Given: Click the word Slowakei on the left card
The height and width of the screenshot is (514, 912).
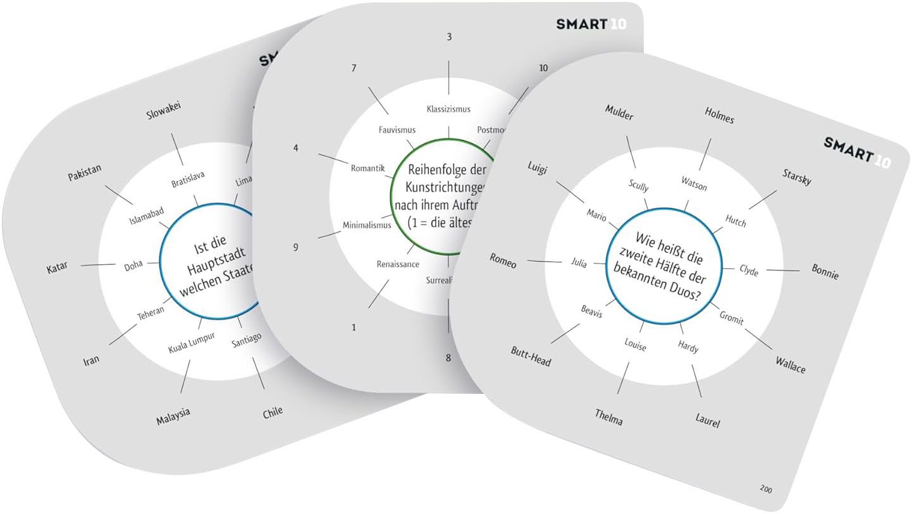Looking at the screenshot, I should pyautogui.click(x=164, y=112).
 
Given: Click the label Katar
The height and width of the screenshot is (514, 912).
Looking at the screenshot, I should pyautogui.click(x=57, y=267).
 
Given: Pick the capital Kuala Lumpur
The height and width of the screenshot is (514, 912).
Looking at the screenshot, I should pyautogui.click(x=192, y=342).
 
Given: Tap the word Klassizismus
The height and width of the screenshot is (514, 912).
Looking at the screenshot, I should pyautogui.click(x=448, y=109).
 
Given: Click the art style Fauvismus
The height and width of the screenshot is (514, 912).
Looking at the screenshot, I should pyautogui.click(x=397, y=130).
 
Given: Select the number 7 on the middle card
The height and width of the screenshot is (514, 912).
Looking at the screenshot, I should pyautogui.click(x=354, y=68).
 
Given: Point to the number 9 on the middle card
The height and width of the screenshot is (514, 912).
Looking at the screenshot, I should pyautogui.click(x=295, y=247).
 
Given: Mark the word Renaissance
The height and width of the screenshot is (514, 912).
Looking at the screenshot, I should pyautogui.click(x=398, y=264).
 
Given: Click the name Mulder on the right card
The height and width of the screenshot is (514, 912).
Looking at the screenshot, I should pyautogui.click(x=619, y=112).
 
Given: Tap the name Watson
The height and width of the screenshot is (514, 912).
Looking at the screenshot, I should pyautogui.click(x=694, y=183).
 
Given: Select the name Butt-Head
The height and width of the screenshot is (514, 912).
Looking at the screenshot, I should pyautogui.click(x=531, y=357).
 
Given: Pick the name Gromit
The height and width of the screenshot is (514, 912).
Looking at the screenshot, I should pyautogui.click(x=732, y=317).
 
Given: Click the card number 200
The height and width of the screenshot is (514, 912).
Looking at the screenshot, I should pyautogui.click(x=766, y=489).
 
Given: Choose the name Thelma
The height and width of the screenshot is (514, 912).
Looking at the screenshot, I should pyautogui.click(x=608, y=417).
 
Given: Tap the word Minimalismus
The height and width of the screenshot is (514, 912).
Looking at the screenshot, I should pyautogui.click(x=367, y=224).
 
